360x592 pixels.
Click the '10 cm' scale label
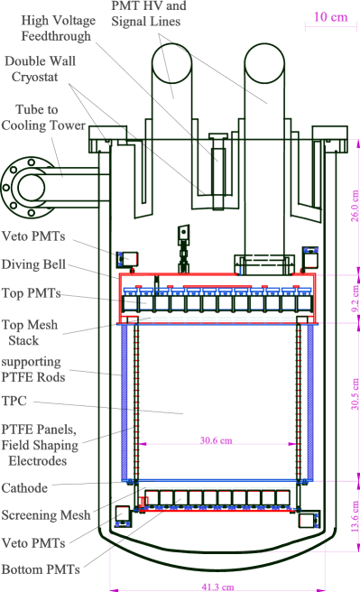tap(329, 17)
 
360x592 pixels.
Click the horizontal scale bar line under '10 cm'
tap(330, 28)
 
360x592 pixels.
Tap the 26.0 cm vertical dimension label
tap(355, 207)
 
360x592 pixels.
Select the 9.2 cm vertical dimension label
tap(355, 299)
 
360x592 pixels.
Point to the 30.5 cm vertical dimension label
tap(355, 394)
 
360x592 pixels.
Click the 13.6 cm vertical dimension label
tap(355, 516)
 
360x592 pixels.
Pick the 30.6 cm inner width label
tap(216, 439)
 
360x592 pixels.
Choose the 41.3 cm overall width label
tap(217, 587)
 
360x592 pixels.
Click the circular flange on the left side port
tap(29, 188)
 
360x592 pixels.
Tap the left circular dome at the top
tap(171, 63)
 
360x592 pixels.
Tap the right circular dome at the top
tap(264, 63)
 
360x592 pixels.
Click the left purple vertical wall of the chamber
tap(125, 402)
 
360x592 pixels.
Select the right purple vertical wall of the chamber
tap(310, 402)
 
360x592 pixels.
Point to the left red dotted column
tap(136, 402)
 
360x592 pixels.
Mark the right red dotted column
tap(298, 402)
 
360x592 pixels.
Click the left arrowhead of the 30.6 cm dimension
tap(143, 444)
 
